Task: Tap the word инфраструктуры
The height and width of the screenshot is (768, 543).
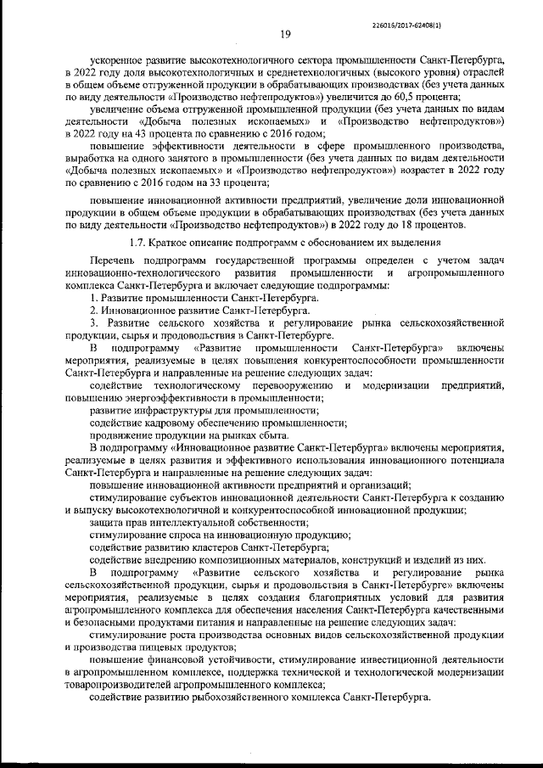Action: click(x=180, y=410)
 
